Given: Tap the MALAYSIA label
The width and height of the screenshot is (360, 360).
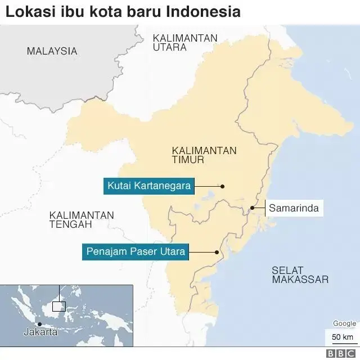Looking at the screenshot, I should tap(52, 51).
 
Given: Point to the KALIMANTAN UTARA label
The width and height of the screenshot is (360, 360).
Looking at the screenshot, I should tap(185, 43).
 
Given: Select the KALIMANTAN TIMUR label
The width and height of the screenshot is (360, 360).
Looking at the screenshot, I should tap(204, 156).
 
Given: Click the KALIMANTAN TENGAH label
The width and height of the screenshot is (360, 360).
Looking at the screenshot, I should tap(82, 220).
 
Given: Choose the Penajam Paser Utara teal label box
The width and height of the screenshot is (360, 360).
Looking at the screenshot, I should tap(134, 251).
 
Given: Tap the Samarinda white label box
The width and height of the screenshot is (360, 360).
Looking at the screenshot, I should tap(294, 208).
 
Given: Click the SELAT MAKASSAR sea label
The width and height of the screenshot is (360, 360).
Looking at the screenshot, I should tap(300, 274).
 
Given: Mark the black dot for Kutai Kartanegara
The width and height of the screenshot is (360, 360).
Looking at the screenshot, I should tap(222, 186).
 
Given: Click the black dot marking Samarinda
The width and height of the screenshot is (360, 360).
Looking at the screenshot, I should tap(253, 208).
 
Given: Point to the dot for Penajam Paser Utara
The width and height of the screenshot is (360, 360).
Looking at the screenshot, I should tap(217, 252).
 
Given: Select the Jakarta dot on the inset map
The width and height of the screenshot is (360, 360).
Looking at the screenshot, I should tap(39, 324).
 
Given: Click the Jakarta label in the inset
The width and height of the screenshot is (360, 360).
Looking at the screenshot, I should tap(40, 332).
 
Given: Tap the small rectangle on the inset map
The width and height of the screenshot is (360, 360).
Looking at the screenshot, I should tap(58, 307).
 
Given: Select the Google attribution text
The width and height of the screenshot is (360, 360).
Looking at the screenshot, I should tap(344, 323).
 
